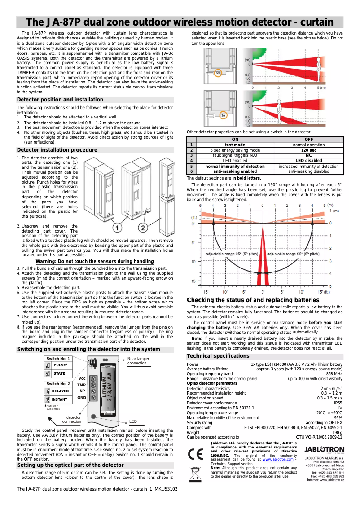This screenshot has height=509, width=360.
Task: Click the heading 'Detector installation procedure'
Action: pyautogui.click(x=57, y=150)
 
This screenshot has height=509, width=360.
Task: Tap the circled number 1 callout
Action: pyautogui.click(x=117, y=228)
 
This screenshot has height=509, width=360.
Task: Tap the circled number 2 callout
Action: pyautogui.click(x=143, y=228)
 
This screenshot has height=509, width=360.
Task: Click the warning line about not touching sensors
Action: pyautogui.click(x=95, y=262)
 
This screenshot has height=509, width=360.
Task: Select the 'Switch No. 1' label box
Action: pyautogui.click(x=58, y=359)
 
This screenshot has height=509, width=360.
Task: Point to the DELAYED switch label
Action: pyautogui.click(x=60, y=391)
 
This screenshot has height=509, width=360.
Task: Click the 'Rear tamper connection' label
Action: pyautogui.click(x=138, y=361)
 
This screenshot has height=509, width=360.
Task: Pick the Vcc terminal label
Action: pyautogui.click(x=82, y=378)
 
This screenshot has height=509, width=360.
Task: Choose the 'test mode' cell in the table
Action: pyautogui.click(x=235, y=145)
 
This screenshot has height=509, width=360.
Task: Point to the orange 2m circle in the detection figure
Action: pyautogui.click(x=223, y=115)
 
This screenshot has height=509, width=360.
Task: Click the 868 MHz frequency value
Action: pyautogui.click(x=334, y=373)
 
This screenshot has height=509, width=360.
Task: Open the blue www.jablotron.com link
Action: pyautogui.click(x=278, y=460)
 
